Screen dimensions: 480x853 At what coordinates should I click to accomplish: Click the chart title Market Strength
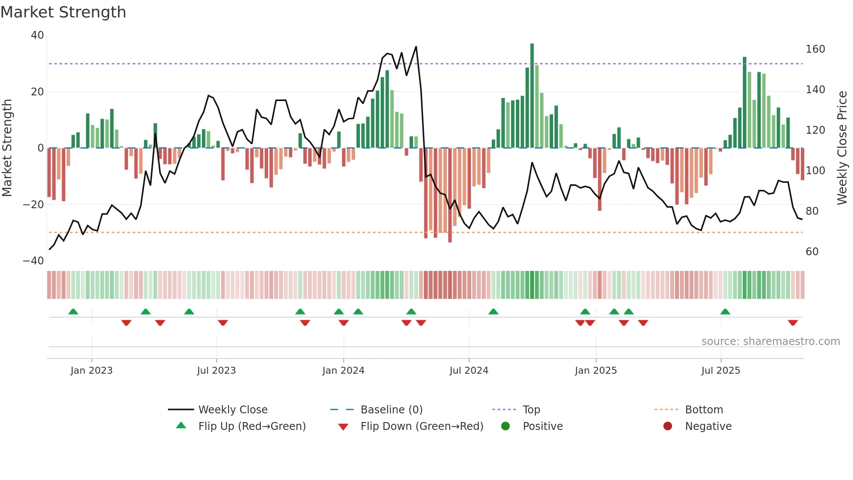pyautogui.click(x=63, y=12)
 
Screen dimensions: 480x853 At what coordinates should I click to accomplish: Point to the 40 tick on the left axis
pyautogui.click(x=37, y=35)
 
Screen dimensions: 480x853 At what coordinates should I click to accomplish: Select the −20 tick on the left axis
pyautogui.click(x=34, y=204)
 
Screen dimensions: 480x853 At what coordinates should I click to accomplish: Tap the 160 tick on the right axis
pyautogui.click(x=815, y=49)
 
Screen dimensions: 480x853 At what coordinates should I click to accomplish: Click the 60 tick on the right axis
pyautogui.click(x=812, y=251)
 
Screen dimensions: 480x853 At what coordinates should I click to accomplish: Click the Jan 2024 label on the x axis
pyautogui.click(x=343, y=371)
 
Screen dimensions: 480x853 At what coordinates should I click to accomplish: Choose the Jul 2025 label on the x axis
pyautogui.click(x=721, y=371)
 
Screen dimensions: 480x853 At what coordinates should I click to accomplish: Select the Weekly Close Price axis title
pyautogui.click(x=842, y=148)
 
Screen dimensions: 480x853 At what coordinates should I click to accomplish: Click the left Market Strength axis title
pyautogui.click(x=7, y=148)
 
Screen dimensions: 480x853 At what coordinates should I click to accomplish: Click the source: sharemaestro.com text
pyautogui.click(x=770, y=341)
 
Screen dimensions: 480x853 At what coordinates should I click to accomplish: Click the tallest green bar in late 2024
pyautogui.click(x=532, y=96)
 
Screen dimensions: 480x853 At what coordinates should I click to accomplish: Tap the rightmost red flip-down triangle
pyautogui.click(x=793, y=323)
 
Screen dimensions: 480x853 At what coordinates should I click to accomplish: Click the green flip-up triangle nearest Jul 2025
pyautogui.click(x=725, y=311)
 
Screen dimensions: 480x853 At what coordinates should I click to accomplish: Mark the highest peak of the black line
pyautogui.click(x=416, y=47)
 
